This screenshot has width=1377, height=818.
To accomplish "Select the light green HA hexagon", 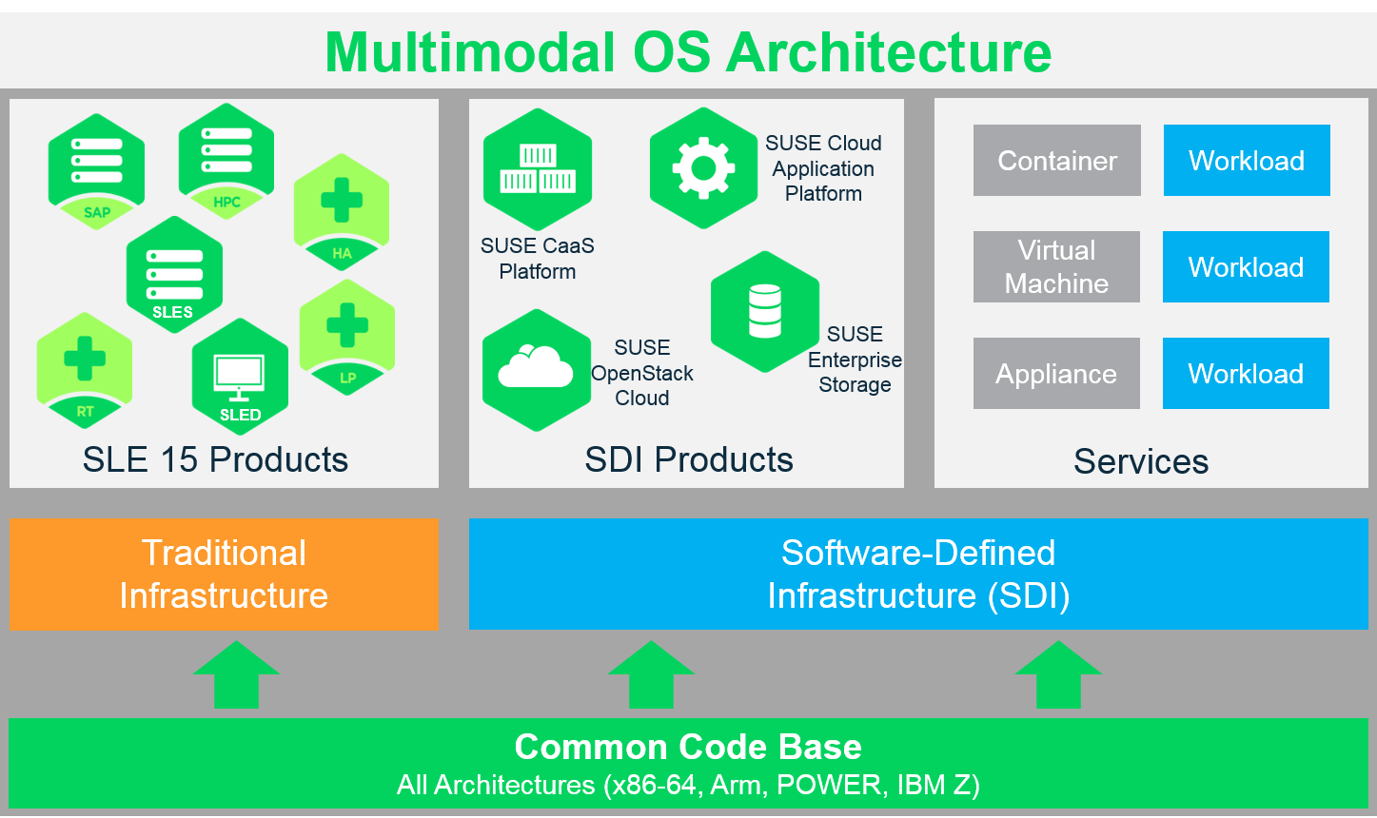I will click(342, 211).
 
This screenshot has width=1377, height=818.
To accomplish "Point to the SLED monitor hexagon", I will click(240, 377).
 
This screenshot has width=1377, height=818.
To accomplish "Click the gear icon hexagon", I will click(703, 167).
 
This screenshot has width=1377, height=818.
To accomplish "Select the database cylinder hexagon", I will click(765, 311).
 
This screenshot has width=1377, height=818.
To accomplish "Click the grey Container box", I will click(1056, 161).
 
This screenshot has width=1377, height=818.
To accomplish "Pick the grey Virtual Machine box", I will click(1056, 267).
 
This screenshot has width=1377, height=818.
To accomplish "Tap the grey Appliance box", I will click(1056, 374).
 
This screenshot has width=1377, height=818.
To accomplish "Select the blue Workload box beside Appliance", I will click(1246, 374).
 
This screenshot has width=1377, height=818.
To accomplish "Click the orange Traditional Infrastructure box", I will click(224, 575).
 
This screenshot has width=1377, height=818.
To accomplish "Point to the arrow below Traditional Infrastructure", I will click(237, 674).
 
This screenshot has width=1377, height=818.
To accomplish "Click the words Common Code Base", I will click(688, 747).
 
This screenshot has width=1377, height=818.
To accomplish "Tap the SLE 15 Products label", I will click(215, 459).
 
